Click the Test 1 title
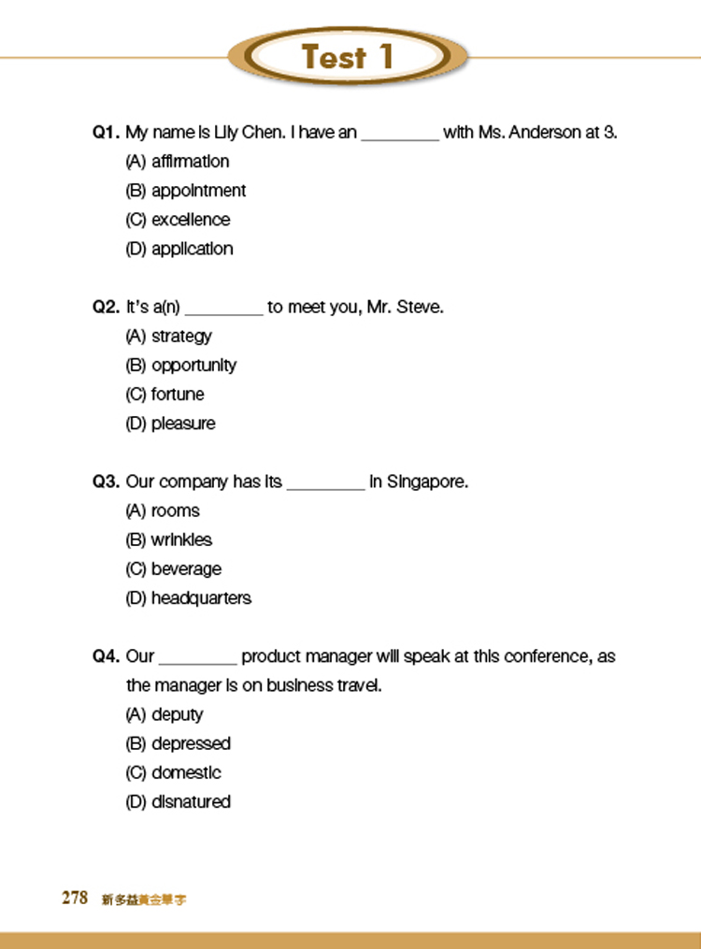point(348,58)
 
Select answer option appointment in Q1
point(186,191)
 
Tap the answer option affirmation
point(178,162)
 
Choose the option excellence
point(178,220)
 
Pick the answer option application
point(179,249)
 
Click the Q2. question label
point(106,307)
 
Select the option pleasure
point(170,424)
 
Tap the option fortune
point(165,395)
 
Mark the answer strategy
point(168,337)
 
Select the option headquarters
point(188,598)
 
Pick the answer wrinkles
point(168,540)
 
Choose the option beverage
point(173,569)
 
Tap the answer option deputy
point(165,715)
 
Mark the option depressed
point(178,744)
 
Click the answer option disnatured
point(178,802)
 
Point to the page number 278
point(75,899)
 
